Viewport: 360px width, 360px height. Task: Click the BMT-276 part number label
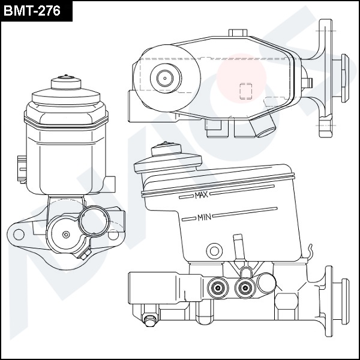32,11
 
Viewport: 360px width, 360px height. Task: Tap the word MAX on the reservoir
201,195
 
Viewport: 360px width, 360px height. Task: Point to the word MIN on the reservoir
204,217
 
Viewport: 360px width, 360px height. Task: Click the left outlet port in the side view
218,287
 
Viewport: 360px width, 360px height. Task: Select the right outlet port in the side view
245,287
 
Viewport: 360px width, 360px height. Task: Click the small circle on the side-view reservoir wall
214,251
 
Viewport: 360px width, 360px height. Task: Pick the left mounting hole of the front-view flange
19,235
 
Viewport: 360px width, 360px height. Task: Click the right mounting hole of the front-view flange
113,235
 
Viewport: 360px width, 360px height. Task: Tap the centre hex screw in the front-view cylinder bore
66,235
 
